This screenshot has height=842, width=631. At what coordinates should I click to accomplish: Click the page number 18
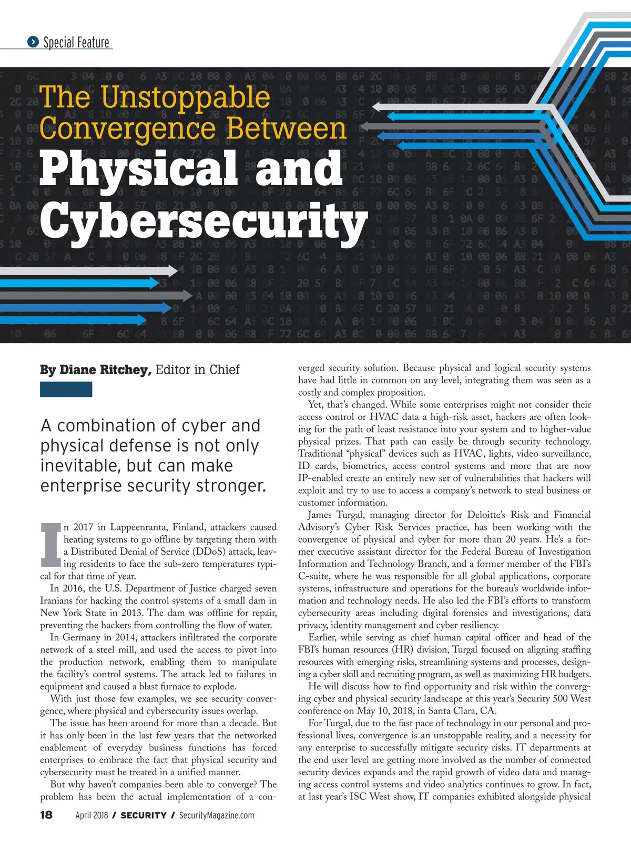point(46,815)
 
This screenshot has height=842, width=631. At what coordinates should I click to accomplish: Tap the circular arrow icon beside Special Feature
point(33,42)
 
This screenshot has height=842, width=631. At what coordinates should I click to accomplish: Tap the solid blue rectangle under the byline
point(66,389)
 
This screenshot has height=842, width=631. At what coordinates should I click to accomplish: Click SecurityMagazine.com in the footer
point(217,815)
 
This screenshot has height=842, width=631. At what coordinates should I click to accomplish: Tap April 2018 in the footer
point(91,815)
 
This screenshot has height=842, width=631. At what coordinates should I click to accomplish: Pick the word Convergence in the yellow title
point(128,129)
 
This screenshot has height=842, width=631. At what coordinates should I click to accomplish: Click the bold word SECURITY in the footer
point(144,815)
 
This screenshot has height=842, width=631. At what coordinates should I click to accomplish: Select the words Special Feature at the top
point(76,42)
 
